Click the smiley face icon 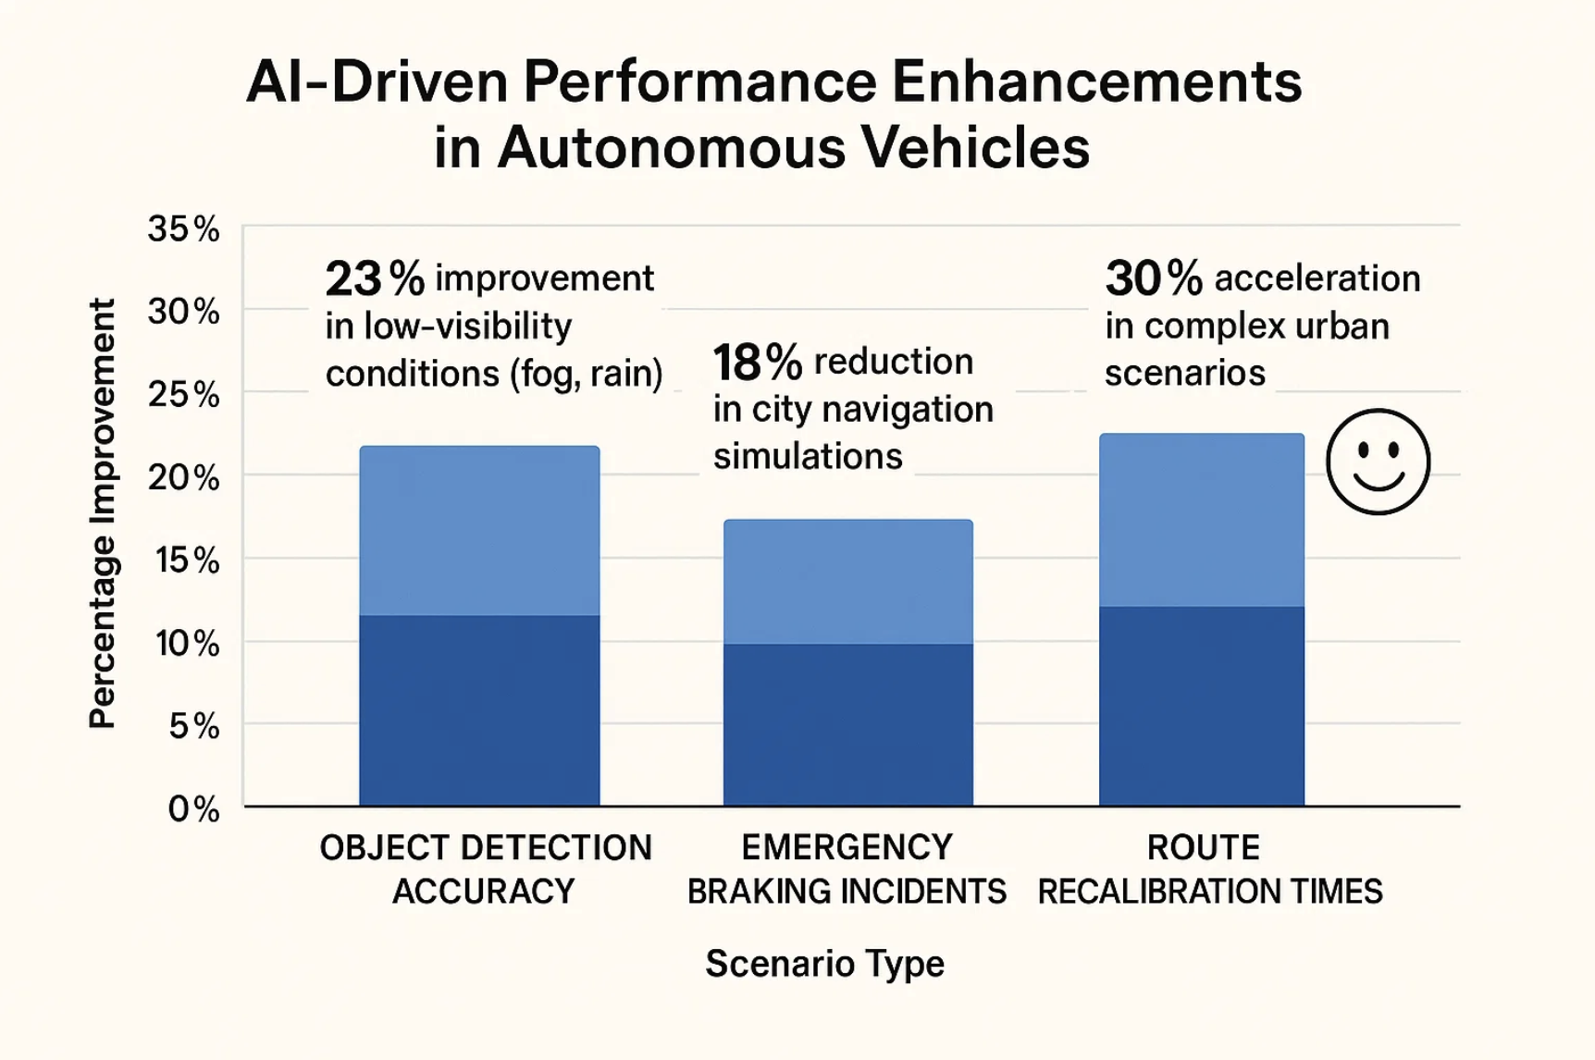pos(1378,462)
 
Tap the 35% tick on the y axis pos(183,228)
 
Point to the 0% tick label pos(193,809)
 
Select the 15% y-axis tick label pos(187,561)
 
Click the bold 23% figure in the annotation pos(374,278)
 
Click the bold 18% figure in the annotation pos(756,363)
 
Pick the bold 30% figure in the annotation pos(1153,278)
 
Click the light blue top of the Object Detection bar pos(479,530)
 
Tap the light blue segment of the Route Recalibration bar pos(1201,520)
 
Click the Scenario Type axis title pos(824,964)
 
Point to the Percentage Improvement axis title pos(102,514)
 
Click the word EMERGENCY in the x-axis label pos(847,847)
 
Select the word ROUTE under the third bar pos(1203,847)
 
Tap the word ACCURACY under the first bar pos(483,892)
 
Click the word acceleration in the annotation pos(1317,278)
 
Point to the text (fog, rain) pos(586,374)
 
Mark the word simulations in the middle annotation pos(807,456)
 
